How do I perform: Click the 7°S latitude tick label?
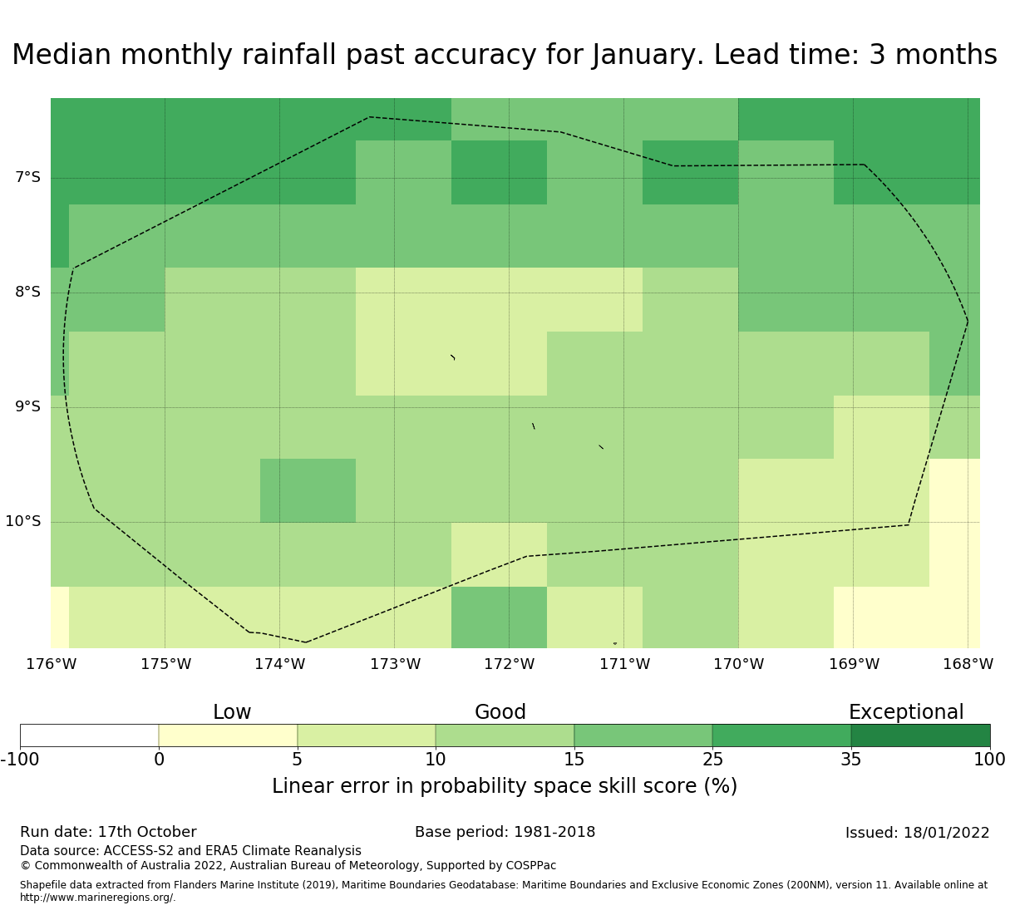click(27, 177)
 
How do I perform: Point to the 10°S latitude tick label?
click(22, 521)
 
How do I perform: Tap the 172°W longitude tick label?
click(509, 664)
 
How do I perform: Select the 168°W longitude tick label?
click(968, 664)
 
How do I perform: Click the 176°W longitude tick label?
click(51, 664)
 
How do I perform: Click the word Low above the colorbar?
click(232, 712)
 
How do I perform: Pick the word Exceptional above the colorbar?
click(906, 712)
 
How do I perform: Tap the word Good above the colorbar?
click(500, 712)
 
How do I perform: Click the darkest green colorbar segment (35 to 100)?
click(920, 735)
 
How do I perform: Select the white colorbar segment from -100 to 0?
click(89, 735)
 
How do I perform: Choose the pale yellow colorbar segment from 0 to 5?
click(228, 735)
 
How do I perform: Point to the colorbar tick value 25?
click(712, 759)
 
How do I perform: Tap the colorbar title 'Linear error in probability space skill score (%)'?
click(505, 786)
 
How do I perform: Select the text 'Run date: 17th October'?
click(108, 832)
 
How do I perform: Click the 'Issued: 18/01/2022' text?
click(917, 833)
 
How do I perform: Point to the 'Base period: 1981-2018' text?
click(505, 832)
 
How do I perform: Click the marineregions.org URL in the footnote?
click(97, 898)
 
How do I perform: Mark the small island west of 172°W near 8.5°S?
click(453, 357)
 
